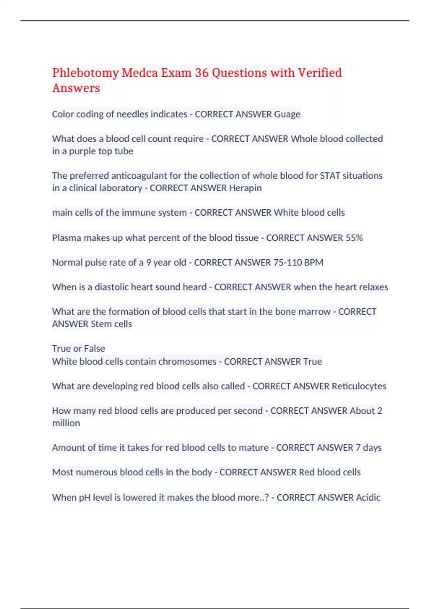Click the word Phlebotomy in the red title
85,73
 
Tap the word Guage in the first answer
287,114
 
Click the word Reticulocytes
359,386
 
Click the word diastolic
111,287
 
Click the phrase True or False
78,349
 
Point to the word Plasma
66,238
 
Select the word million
66,423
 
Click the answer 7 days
368,448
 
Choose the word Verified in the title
320,73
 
